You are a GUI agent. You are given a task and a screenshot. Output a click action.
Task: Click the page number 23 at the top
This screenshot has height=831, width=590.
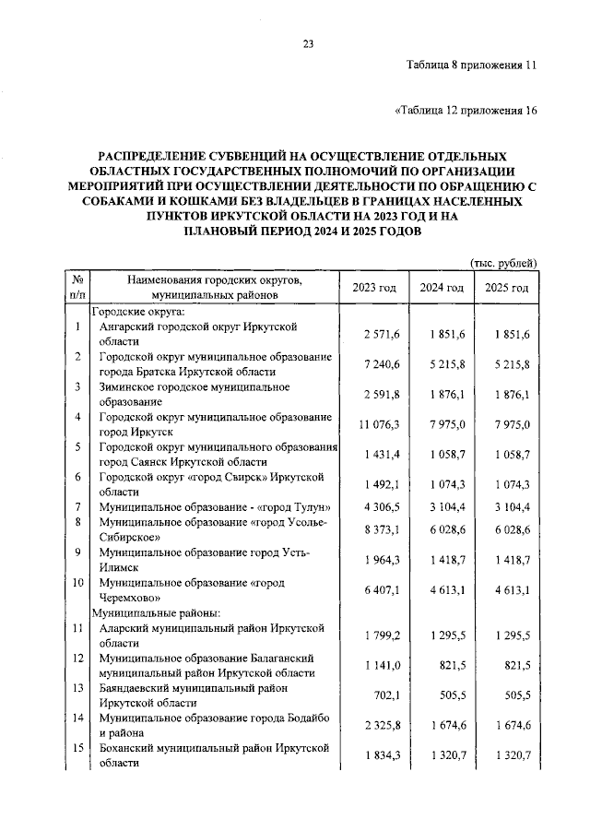pos(308,42)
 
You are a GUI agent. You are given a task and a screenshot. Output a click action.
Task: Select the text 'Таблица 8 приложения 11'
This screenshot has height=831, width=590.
pos(470,65)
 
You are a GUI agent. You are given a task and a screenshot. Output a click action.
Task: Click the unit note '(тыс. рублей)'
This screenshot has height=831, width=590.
pos(503,263)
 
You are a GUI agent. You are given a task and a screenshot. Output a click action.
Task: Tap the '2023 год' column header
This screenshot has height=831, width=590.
pos(373,287)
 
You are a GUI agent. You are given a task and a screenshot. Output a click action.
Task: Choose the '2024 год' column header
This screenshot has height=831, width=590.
pos(442,287)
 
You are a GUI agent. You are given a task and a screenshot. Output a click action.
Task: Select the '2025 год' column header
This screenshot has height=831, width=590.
pos(507,287)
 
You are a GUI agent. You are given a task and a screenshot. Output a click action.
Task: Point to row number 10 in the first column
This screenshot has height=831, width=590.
pos(78,584)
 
